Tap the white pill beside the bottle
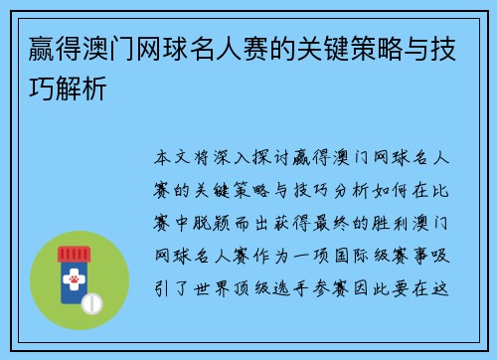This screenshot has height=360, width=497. click(91, 301)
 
